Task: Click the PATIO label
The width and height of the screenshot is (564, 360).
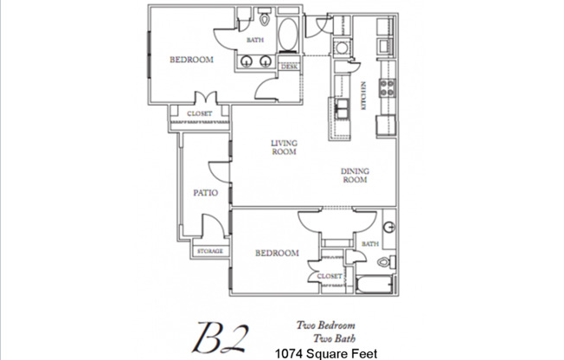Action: pyautogui.click(x=205, y=193)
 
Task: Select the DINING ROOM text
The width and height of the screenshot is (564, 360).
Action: pyautogui.click(x=354, y=176)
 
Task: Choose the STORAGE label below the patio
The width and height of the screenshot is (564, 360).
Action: pyautogui.click(x=210, y=251)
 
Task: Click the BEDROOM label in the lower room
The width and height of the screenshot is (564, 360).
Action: pyautogui.click(x=277, y=253)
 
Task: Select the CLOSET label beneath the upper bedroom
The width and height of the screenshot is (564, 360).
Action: pyautogui.click(x=202, y=113)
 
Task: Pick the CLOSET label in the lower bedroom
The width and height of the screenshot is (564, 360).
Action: pyautogui.click(x=329, y=277)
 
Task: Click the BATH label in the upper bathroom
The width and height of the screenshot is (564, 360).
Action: pyautogui.click(x=255, y=40)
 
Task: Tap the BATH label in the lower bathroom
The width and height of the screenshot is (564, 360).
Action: pyautogui.click(x=370, y=244)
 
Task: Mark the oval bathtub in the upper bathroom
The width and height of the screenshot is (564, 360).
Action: pyautogui.click(x=289, y=35)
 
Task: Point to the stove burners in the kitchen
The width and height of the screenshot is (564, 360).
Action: pyautogui.click(x=387, y=87)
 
